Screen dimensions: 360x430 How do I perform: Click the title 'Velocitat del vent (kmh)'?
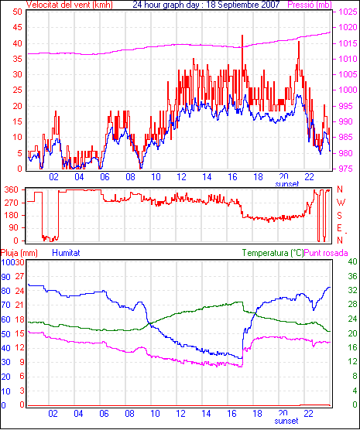69,5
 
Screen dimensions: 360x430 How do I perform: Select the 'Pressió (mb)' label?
310,5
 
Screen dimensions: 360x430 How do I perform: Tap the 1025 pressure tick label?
348,12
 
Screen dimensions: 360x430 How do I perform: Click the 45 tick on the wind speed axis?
17,27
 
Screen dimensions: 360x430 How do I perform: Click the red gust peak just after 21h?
299,42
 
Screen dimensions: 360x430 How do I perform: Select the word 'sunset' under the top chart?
286,184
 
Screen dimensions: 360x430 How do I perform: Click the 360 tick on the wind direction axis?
12,189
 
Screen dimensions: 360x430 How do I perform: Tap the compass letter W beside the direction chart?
341,203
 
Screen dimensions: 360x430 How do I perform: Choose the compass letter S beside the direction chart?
339,216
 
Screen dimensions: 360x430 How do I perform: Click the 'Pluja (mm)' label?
19,253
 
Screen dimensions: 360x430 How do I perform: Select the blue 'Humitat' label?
66,253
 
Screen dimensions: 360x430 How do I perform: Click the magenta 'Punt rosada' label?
326,253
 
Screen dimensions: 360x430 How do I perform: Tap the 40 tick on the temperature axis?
352,261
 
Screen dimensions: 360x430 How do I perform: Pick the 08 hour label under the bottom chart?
129,413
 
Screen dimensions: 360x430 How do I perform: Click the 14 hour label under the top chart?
207,177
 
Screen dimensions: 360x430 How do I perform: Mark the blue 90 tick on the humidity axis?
5,277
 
